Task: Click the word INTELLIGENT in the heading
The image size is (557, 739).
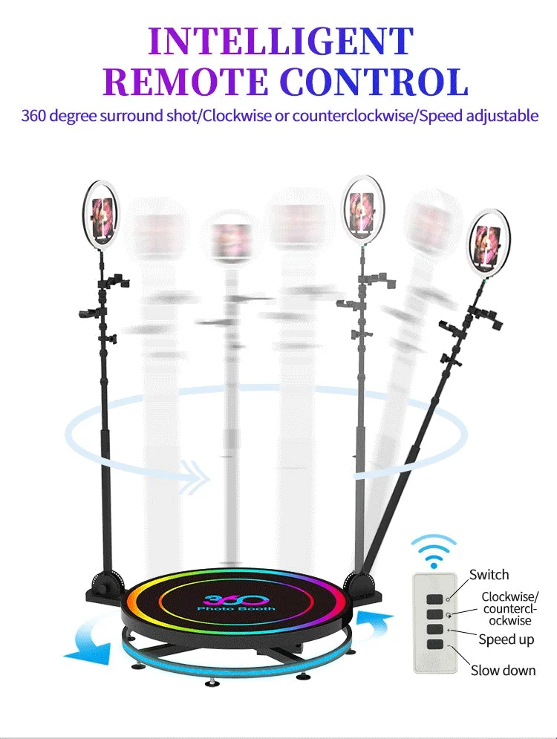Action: tap(281, 42)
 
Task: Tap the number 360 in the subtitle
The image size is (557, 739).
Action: tap(35, 117)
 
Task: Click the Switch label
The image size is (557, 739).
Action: tap(489, 574)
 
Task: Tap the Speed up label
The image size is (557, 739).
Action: tap(506, 639)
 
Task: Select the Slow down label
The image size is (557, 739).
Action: tap(503, 671)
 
